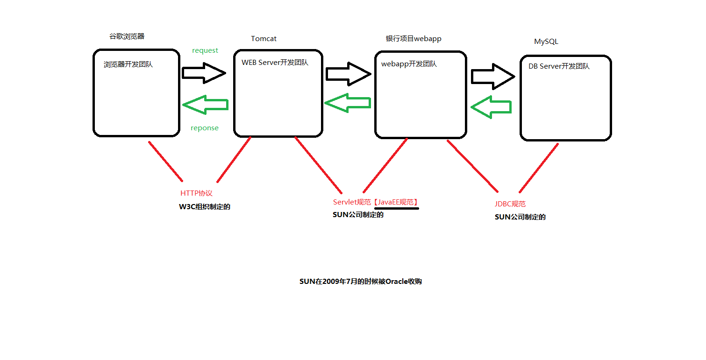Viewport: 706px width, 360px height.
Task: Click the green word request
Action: tap(205, 50)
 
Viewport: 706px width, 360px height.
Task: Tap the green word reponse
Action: tap(205, 128)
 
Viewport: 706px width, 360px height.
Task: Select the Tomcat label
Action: tap(264, 39)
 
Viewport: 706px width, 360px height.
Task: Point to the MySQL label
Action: tap(546, 42)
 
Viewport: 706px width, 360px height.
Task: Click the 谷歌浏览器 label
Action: tap(127, 36)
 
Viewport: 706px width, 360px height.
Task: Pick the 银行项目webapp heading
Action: tap(414, 38)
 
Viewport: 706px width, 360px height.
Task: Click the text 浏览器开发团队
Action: tap(128, 64)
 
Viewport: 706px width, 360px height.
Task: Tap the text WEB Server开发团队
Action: tap(275, 62)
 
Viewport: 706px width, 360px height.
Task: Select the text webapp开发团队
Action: tap(409, 64)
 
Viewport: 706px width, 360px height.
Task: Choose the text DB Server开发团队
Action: tap(559, 66)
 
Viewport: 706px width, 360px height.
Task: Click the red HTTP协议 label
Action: tap(196, 193)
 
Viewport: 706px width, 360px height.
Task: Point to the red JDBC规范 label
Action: tap(510, 204)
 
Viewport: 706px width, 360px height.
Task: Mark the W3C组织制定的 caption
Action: tap(205, 207)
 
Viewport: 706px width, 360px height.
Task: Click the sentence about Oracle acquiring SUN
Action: tap(361, 282)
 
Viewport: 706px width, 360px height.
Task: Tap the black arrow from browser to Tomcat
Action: tap(204, 73)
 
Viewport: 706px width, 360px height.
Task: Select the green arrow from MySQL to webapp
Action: tap(491, 107)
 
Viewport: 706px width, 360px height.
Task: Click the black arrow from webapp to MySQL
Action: tap(492, 77)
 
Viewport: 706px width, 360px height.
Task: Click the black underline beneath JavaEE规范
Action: tap(396, 208)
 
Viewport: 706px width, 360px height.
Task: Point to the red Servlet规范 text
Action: tap(352, 202)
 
